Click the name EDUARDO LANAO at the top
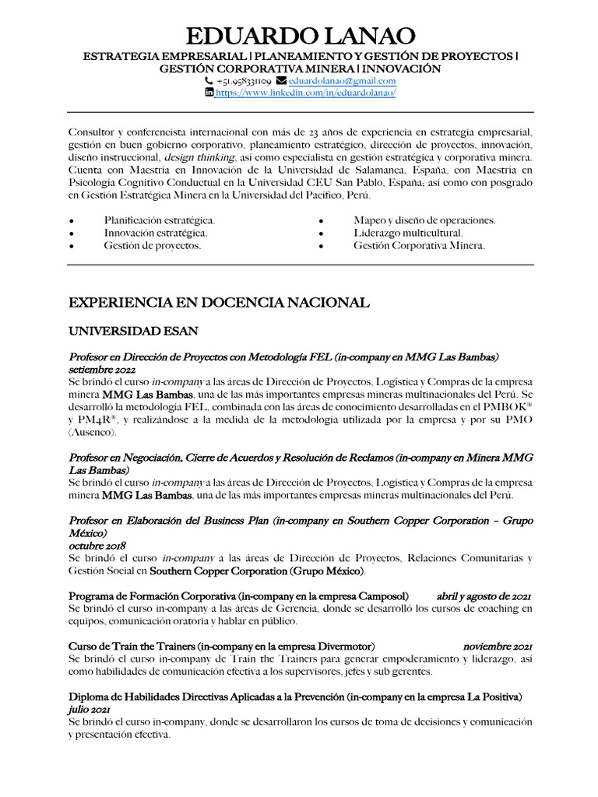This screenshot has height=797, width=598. coord(300,36)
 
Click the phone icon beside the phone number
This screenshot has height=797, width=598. coord(209,81)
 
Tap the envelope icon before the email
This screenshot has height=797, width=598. coord(281,81)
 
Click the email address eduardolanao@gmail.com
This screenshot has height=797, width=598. coord(342,81)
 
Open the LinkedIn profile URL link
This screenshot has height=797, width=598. coord(305,93)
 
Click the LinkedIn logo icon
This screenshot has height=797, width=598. coord(209,93)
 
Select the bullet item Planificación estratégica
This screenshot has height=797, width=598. coord(160,220)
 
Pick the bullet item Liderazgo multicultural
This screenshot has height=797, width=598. coord(408,233)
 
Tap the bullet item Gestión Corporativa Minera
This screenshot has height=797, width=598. coord(419,245)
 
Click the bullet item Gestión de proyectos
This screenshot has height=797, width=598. coord(153,245)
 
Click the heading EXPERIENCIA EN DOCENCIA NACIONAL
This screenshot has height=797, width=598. coord(220,302)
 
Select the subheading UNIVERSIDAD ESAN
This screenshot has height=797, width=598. coord(133,331)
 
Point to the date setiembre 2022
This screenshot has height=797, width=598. coord(102,370)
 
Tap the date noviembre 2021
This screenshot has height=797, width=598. coord(498,647)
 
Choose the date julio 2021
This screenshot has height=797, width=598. coord(89,710)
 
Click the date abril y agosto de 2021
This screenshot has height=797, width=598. coord(484,596)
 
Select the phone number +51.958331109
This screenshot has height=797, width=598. coord(244,81)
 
